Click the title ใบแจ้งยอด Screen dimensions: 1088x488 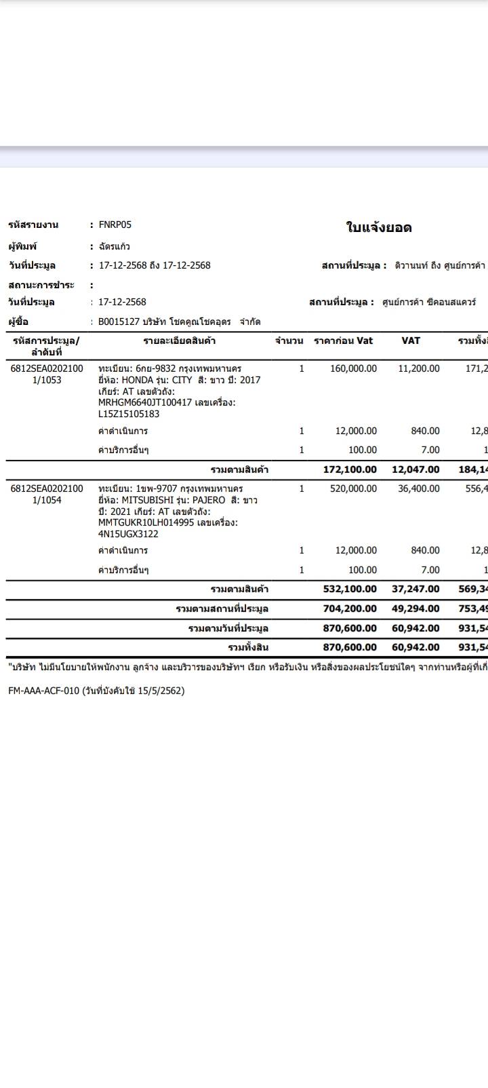(379, 228)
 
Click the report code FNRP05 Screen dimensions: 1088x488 (115, 225)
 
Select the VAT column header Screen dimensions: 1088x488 (411, 341)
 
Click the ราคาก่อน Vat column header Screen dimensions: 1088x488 (343, 341)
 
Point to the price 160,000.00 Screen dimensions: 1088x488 (353, 368)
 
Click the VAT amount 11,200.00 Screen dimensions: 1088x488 (419, 368)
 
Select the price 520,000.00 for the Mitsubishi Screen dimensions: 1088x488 (353, 488)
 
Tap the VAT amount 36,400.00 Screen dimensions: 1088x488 (419, 488)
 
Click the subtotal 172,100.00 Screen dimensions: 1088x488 (350, 469)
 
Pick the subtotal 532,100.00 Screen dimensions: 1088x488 (350, 589)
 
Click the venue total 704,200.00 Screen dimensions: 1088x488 (350, 608)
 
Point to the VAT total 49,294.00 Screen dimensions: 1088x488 (415, 608)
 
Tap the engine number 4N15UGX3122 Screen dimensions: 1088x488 (128, 534)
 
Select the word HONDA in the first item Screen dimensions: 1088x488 (138, 380)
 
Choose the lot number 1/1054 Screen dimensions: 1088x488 (47, 500)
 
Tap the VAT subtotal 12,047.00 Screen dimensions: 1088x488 (415, 469)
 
